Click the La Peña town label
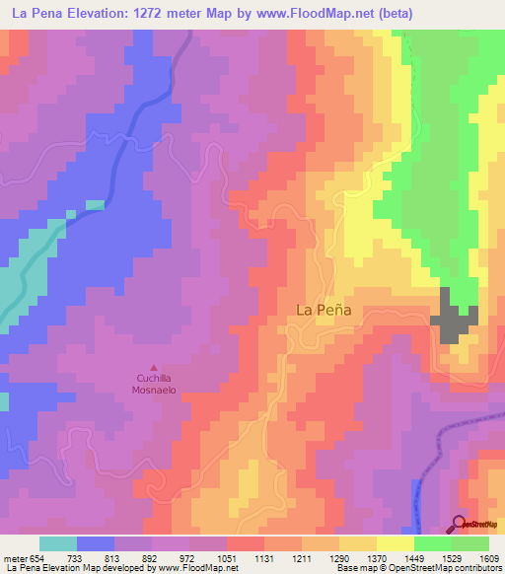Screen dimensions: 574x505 [325, 309]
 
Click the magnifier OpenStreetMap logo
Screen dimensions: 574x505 [460, 524]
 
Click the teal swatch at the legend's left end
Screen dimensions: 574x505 [58, 543]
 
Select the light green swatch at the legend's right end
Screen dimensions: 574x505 [470, 543]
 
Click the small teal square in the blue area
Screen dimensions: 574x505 [95, 205]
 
